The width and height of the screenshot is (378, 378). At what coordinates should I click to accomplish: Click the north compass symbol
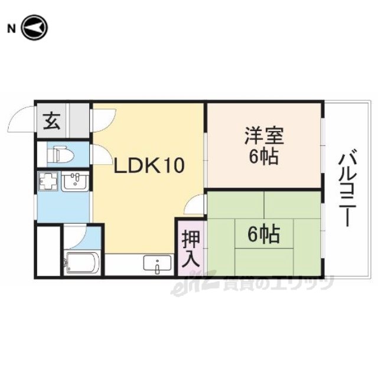click(35, 28)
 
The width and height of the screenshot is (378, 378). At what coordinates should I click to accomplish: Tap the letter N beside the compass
click(11, 29)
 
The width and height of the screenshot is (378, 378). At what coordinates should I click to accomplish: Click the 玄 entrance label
click(51, 121)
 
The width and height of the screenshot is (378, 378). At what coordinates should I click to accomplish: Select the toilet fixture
click(60, 154)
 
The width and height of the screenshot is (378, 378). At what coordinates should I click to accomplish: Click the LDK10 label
click(149, 165)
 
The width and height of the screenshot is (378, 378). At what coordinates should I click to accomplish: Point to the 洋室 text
click(264, 135)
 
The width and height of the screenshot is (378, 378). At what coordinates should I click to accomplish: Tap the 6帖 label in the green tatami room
click(264, 234)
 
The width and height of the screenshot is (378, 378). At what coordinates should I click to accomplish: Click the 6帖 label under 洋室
click(264, 156)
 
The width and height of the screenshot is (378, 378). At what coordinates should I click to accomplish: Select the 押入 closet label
click(191, 249)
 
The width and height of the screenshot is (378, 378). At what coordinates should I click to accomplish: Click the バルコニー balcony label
click(347, 188)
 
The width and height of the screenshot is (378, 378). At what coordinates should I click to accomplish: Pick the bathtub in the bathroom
click(82, 263)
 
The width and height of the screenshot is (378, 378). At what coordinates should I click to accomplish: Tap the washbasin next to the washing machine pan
click(75, 181)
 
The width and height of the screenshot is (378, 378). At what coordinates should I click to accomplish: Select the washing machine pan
click(48, 181)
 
